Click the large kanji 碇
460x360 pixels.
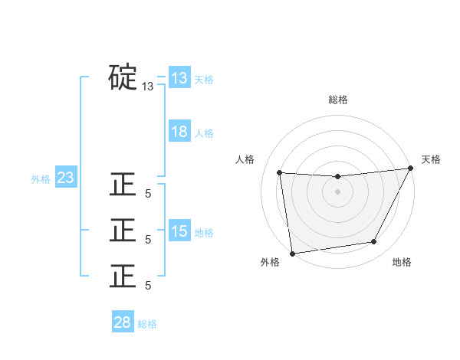pos(123,78)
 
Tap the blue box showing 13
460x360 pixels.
pos(179,78)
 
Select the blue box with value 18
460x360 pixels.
pos(179,132)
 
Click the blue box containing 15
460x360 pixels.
pos(179,231)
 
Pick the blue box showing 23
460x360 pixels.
pos(66,178)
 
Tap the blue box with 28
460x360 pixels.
pos(123,322)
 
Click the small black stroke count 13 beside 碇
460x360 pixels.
pos(148,87)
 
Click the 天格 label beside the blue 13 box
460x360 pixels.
pos(204,79)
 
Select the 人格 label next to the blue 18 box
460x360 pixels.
pos(204,133)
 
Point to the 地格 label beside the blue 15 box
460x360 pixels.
pos(204,232)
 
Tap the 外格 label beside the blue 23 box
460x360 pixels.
pos(41,179)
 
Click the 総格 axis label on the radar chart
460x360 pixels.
pos(338,100)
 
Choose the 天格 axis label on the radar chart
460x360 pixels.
pos(431,159)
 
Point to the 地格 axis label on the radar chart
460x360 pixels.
pos(402,262)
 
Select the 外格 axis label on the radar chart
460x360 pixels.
pos(270,262)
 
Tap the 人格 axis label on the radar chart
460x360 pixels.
pos(245,159)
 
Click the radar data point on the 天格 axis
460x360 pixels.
pos(411,169)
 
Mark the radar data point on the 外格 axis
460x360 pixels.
pos(292,253)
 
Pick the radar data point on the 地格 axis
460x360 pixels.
pos(374,242)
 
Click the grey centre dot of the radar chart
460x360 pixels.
pos(337,191)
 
